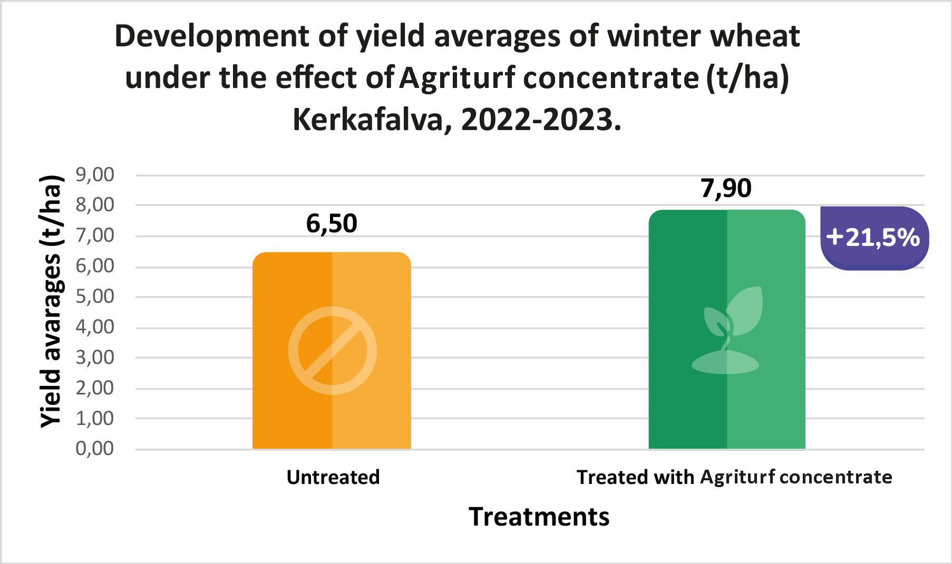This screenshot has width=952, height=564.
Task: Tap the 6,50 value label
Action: [x=332, y=224]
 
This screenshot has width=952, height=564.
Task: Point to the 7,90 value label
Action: [x=726, y=189]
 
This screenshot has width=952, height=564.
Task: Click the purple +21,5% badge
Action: [x=873, y=238]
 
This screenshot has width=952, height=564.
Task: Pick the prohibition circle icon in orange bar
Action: [x=332, y=350]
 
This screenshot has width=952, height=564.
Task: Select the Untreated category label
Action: [x=333, y=477]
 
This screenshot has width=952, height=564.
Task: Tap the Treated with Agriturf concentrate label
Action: [x=734, y=477]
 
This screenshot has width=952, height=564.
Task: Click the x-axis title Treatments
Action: [x=539, y=517]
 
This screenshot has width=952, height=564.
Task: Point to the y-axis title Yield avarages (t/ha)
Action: [x=51, y=301]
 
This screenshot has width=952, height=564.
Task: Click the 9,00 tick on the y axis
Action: [x=95, y=175]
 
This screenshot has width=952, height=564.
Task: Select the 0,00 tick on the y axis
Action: [x=95, y=449]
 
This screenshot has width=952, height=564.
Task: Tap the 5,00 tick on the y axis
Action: [x=95, y=296]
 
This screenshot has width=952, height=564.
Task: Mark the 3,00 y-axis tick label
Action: [x=95, y=358]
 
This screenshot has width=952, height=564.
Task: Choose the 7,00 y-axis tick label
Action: [x=95, y=235]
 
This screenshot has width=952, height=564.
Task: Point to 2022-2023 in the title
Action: [x=540, y=120]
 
